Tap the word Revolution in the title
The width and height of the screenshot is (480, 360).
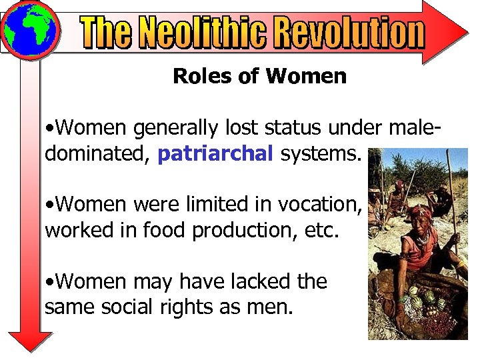pyautogui.click(x=349, y=33)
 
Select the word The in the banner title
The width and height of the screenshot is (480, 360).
pyautogui.click(x=107, y=33)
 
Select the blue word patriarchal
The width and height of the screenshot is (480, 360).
pyautogui.click(x=215, y=154)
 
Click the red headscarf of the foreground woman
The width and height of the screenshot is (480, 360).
pyautogui.click(x=421, y=213)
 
